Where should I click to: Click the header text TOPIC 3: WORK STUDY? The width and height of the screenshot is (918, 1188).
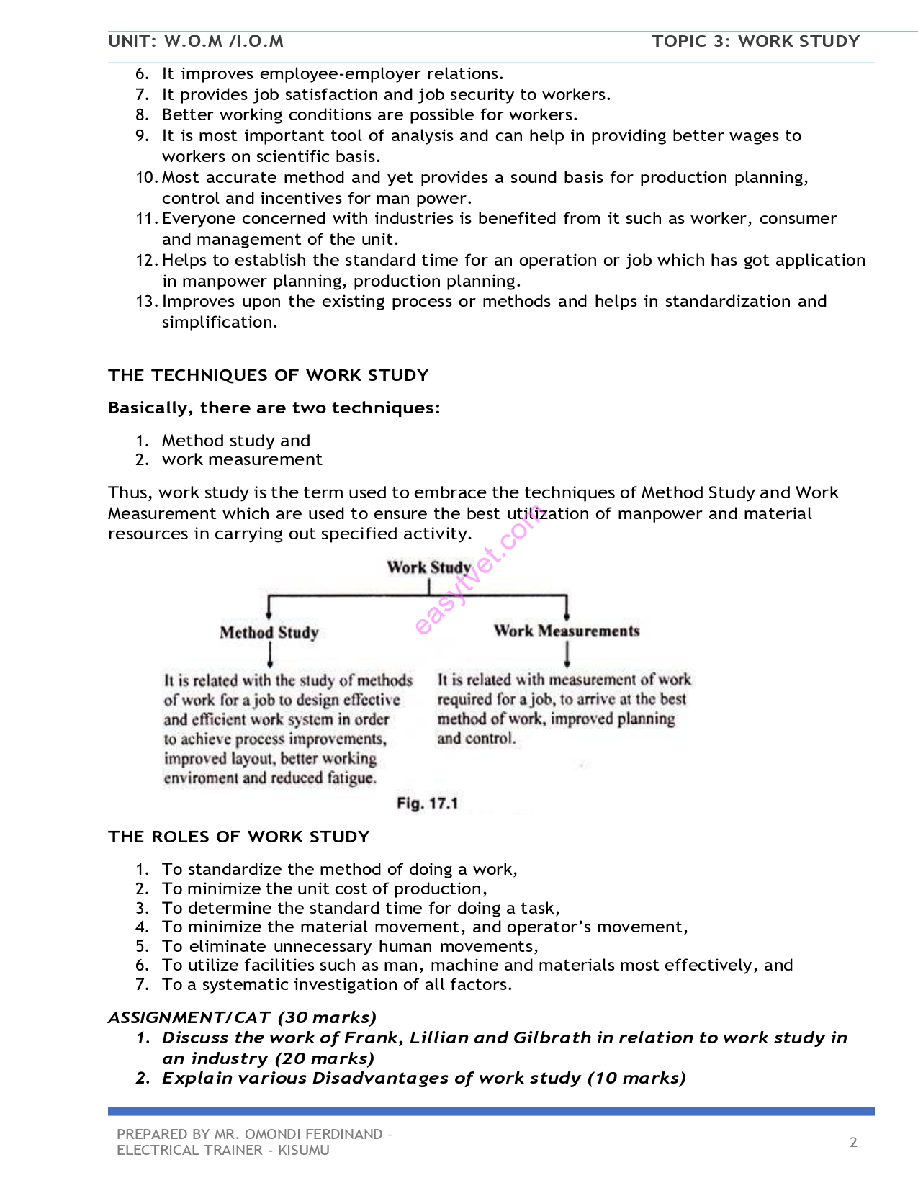pyautogui.click(x=755, y=41)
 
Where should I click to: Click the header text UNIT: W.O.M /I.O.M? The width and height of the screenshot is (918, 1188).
pyautogui.click(x=196, y=41)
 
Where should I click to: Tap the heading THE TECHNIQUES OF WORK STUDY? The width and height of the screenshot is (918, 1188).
pyautogui.click(x=268, y=375)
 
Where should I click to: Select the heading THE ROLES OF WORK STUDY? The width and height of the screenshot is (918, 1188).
pyautogui.click(x=238, y=837)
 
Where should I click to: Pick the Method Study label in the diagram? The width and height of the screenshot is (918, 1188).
pyautogui.click(x=269, y=633)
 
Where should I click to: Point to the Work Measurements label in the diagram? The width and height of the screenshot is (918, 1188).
pyautogui.click(x=567, y=631)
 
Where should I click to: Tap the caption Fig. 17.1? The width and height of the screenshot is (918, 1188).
pyautogui.click(x=427, y=804)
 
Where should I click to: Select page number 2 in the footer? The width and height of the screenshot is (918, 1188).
pyautogui.click(x=853, y=1142)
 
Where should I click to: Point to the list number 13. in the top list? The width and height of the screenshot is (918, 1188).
pyautogui.click(x=146, y=302)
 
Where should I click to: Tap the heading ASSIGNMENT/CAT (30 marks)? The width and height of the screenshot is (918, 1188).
pyautogui.click(x=242, y=1017)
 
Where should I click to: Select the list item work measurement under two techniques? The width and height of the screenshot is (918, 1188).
pyautogui.click(x=242, y=459)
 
